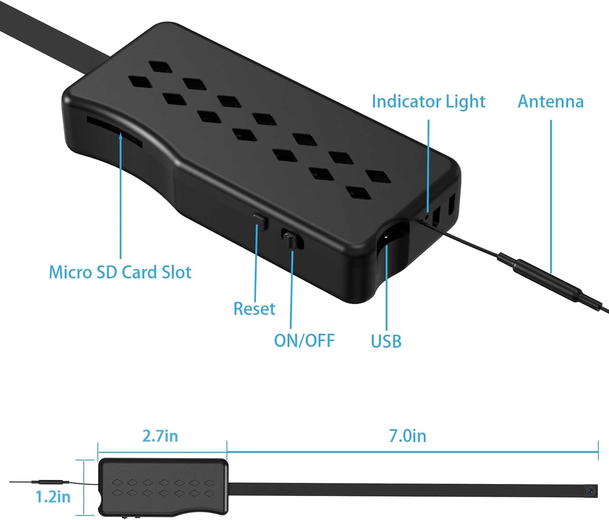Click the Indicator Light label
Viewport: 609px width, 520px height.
(428, 101)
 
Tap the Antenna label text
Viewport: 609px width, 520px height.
(551, 101)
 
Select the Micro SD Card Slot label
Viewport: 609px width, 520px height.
(120, 272)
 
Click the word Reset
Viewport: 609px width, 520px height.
(254, 309)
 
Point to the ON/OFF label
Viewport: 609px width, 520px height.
(304, 340)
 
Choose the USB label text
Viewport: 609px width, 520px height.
(386, 341)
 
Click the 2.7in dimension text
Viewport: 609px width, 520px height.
(160, 436)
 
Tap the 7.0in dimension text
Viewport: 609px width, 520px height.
(408, 436)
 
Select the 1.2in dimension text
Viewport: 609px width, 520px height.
(53, 496)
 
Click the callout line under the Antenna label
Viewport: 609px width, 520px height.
(551, 195)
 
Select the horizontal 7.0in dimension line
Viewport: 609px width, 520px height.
(412, 451)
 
